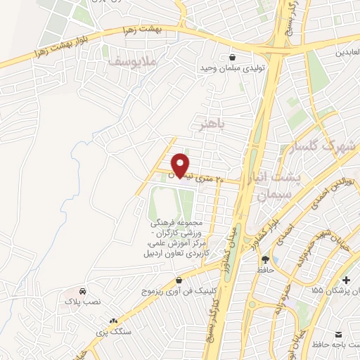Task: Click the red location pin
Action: point(181,165)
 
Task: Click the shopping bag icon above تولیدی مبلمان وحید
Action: point(232,58)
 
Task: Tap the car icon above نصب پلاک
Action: point(83,291)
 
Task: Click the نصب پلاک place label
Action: point(83,301)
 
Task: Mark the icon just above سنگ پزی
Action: point(112,320)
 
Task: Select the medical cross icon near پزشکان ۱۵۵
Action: point(345,280)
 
